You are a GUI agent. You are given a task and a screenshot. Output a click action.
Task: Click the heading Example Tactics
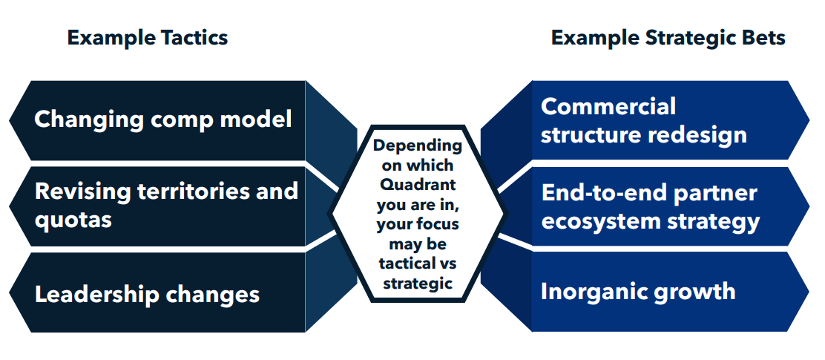(148, 38)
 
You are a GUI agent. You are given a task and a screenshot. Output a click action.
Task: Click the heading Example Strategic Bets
(668, 38)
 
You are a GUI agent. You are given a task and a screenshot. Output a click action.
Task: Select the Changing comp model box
(163, 120)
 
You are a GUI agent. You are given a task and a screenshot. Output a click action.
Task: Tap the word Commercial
(608, 106)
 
